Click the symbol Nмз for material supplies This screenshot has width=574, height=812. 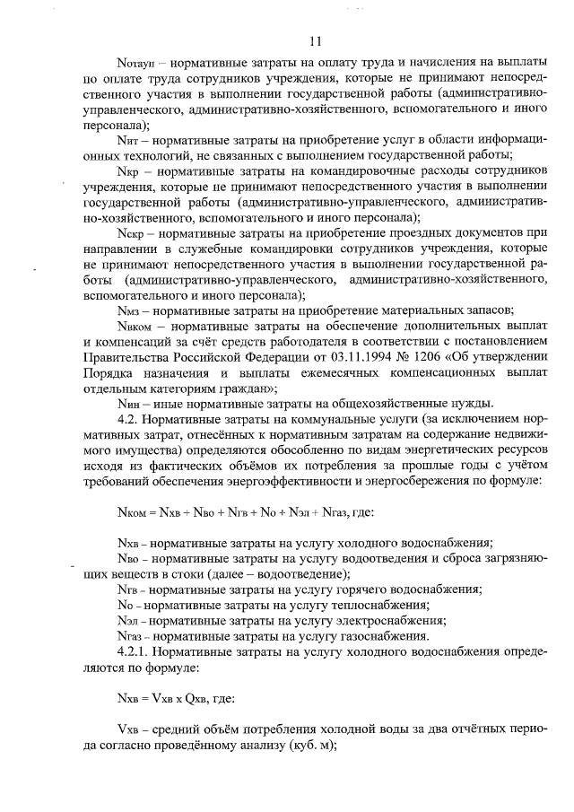coord(129,310)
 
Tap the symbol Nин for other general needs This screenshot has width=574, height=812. coord(129,403)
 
